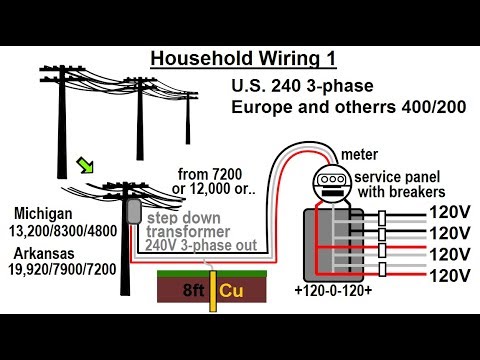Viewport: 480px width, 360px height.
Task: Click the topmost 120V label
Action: coord(440,213)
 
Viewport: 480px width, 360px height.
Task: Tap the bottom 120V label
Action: coord(440,274)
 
